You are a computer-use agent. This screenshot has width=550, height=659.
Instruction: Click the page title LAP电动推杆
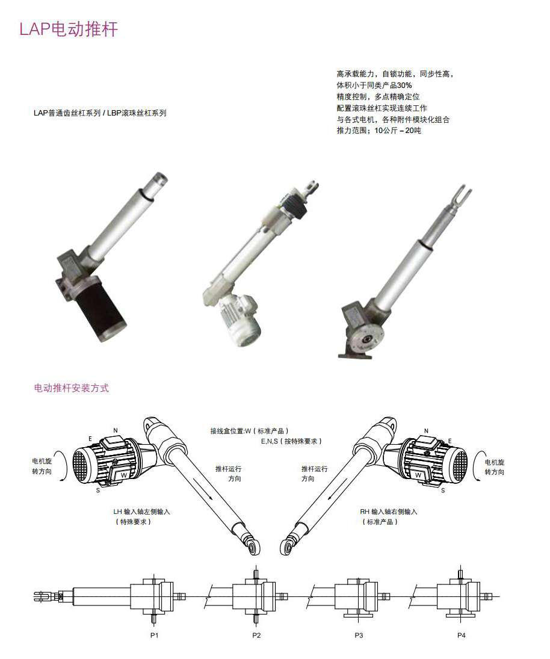click(69, 29)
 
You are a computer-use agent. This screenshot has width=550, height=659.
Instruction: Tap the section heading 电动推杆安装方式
click(72, 388)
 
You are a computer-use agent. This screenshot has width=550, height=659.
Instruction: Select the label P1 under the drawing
click(154, 636)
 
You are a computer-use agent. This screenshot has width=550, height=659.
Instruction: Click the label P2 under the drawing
click(256, 636)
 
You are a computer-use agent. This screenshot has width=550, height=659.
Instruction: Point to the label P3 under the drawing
click(359, 636)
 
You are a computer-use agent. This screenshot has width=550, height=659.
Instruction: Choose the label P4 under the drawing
click(461, 636)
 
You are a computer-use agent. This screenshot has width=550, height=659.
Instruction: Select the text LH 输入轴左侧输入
click(141, 512)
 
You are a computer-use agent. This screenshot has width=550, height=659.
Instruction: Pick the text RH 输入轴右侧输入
click(388, 512)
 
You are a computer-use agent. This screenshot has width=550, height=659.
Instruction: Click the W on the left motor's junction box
click(123, 474)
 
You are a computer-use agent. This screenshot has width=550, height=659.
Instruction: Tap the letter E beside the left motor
click(90, 438)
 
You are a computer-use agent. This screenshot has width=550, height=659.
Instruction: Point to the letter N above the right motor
click(426, 431)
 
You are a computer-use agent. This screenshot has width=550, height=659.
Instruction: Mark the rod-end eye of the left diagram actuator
click(253, 546)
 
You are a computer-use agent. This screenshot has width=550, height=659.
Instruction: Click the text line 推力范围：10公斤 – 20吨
click(379, 131)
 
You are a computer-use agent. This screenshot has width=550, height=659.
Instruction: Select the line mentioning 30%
click(374, 85)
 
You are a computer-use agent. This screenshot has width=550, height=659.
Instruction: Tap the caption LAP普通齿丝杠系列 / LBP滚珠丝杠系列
click(100, 113)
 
